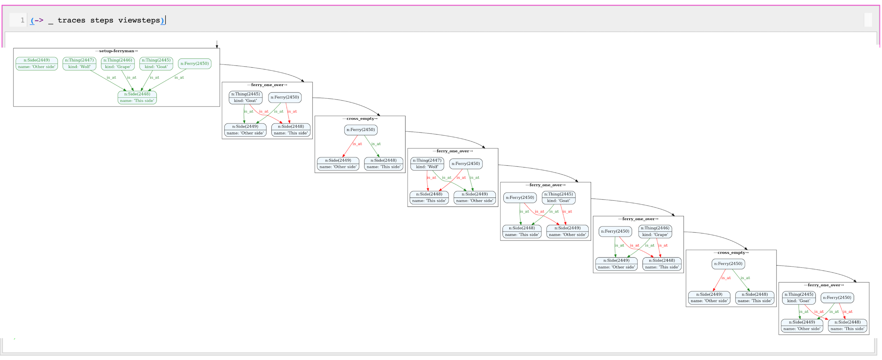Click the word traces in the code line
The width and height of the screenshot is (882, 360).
(x=71, y=20)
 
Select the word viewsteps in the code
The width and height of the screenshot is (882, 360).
(x=139, y=20)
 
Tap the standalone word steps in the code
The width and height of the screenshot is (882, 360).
(x=102, y=20)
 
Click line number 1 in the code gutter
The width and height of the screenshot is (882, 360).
(x=22, y=20)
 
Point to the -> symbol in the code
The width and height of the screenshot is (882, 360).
(x=39, y=20)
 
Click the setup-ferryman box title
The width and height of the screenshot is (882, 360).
(x=116, y=51)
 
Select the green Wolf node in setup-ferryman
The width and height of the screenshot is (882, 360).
(x=79, y=64)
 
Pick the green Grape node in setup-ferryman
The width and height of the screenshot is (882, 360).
(x=118, y=64)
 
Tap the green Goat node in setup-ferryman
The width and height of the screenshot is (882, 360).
(x=156, y=64)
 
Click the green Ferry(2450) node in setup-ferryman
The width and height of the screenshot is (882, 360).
(x=194, y=64)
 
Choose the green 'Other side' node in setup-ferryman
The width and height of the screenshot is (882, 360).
(x=37, y=64)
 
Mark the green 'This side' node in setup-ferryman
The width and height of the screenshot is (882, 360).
(x=137, y=97)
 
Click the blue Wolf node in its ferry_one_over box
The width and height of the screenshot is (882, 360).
(x=427, y=164)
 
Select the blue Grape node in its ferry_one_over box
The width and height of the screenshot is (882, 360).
(x=655, y=232)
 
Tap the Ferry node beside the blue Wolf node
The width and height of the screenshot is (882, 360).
(x=466, y=164)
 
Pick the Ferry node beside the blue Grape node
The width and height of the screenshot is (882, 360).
(x=615, y=232)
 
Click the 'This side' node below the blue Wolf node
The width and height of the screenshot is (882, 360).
(x=429, y=198)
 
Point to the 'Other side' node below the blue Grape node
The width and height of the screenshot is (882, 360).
(x=616, y=264)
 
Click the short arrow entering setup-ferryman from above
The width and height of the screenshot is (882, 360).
(x=217, y=44)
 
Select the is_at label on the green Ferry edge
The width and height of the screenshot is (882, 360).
(x=179, y=78)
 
